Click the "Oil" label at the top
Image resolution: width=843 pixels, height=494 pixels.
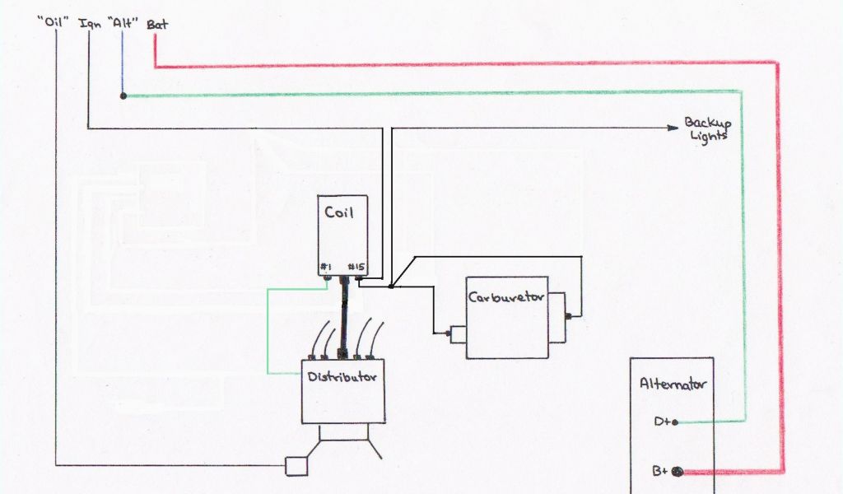52,24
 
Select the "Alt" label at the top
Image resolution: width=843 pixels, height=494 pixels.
122,24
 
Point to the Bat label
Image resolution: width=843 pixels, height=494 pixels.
156,24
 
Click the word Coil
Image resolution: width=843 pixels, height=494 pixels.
338,212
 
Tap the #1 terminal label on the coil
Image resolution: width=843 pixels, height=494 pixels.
327,267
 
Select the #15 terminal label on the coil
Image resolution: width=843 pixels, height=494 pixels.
356,267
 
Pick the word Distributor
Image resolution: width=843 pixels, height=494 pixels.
342,377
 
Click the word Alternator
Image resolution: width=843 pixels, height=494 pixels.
673,384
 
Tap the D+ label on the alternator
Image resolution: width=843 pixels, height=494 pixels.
662,422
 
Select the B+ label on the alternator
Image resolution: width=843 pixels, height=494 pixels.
660,472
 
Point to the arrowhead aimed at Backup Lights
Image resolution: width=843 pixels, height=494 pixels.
671,128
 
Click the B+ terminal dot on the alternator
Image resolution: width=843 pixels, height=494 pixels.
678,472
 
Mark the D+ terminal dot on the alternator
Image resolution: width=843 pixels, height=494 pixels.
675,422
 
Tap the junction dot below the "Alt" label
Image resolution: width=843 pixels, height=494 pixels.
123,96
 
